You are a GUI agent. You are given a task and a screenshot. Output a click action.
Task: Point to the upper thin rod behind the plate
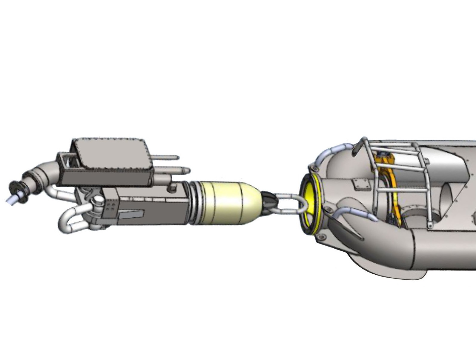point(167,157)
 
